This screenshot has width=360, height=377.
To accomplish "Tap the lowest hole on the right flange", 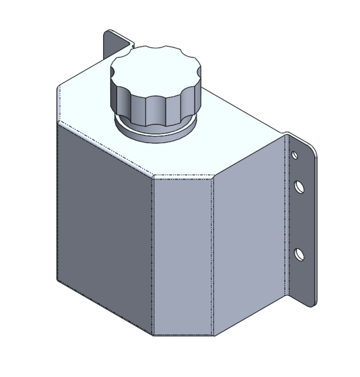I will pos(300,254).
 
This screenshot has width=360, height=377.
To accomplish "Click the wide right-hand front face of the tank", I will pos(247,236).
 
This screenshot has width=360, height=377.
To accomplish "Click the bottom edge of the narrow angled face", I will pos(183,336).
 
